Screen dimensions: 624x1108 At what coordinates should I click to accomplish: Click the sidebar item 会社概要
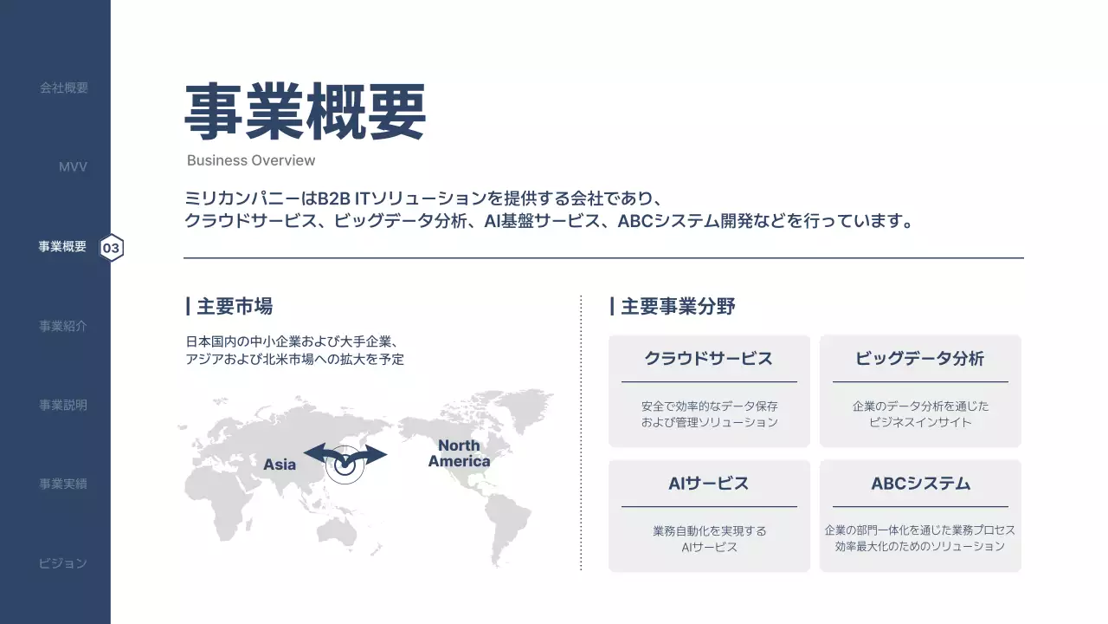point(63,88)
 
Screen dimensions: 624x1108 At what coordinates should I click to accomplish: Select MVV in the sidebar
point(73,166)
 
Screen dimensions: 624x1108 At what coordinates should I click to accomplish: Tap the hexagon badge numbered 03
point(112,248)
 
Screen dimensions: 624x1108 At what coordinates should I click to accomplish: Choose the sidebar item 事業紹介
point(63,326)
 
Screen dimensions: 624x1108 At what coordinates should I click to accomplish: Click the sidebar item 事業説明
point(63,405)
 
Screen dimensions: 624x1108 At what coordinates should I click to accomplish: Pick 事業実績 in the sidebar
point(63,484)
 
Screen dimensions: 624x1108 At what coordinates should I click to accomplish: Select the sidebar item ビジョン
point(63,562)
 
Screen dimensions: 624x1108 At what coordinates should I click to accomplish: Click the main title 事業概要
point(305,113)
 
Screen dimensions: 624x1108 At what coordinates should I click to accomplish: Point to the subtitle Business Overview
point(251,160)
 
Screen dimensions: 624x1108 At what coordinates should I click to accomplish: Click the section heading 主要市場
point(234,306)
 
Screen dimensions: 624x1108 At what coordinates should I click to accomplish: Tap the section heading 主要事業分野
point(677,306)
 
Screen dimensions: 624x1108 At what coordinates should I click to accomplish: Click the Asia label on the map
point(280,465)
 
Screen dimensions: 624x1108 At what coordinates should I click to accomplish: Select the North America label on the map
point(459,453)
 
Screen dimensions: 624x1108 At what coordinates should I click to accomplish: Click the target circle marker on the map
point(345,466)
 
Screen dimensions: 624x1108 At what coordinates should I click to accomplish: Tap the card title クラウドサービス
point(708,358)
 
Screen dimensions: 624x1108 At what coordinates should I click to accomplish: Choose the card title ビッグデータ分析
point(919,358)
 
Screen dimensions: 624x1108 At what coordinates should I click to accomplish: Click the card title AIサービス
point(708,483)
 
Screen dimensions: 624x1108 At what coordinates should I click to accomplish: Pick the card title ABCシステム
point(920,483)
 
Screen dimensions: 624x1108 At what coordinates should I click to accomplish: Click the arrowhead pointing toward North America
point(378,455)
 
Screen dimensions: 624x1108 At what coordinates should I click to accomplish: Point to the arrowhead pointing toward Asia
point(312,453)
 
